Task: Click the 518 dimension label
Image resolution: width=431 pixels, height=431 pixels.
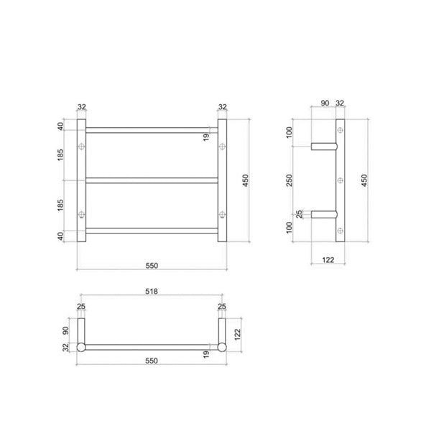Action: tap(152, 292)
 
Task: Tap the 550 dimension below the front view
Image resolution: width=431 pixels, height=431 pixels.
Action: tap(152, 265)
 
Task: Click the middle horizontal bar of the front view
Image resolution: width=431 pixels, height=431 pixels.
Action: tap(152, 180)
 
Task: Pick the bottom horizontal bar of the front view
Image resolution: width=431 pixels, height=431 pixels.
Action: tap(152, 230)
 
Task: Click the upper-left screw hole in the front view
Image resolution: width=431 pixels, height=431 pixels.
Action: tap(82, 147)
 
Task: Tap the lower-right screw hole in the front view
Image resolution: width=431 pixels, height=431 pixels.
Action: tap(222, 213)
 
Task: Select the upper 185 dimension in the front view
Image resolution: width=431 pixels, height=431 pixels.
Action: tap(62, 154)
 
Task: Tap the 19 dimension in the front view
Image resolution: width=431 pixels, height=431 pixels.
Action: tap(207, 136)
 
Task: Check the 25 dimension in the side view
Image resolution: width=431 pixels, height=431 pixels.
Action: tap(299, 213)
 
